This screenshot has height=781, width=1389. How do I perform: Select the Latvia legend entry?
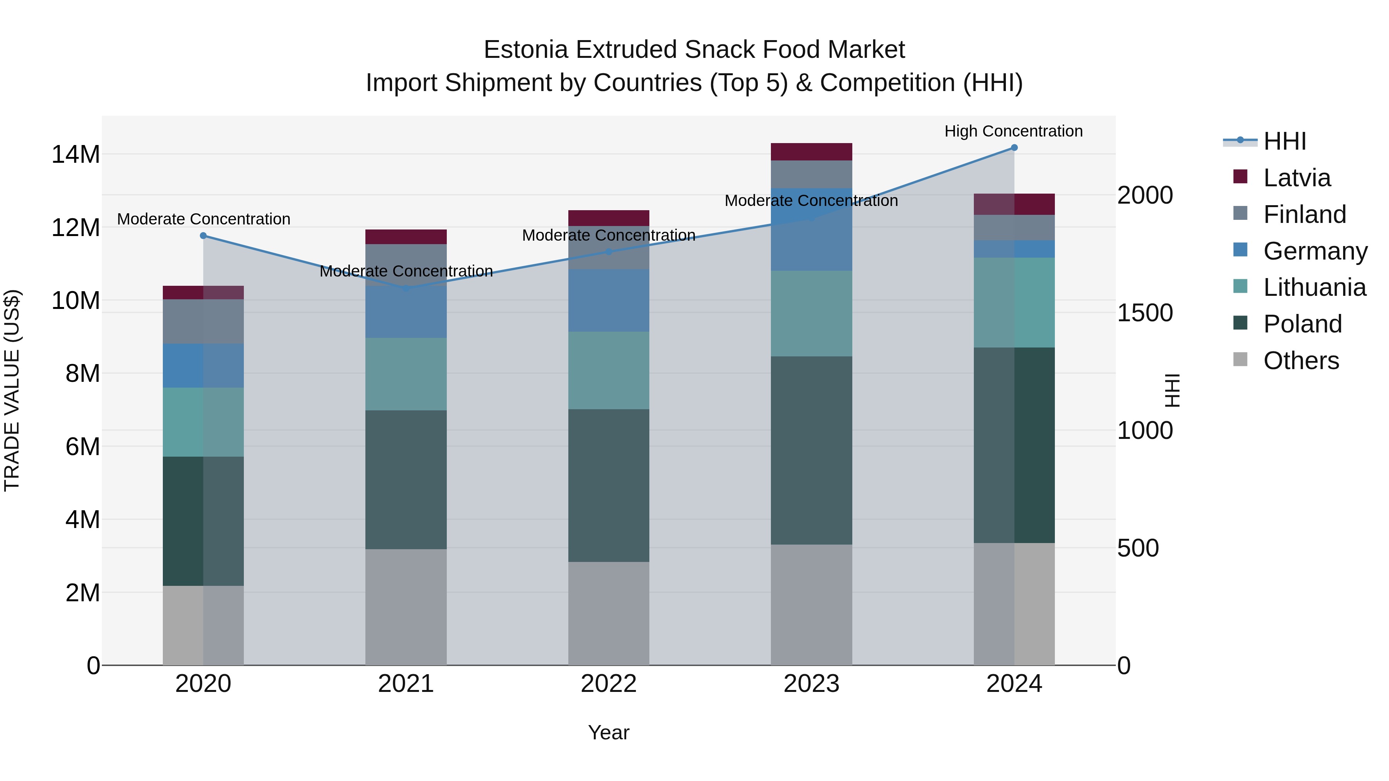point(1296,178)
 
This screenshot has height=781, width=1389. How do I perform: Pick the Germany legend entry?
point(1315,251)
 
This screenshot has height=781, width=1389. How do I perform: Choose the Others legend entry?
point(1301,361)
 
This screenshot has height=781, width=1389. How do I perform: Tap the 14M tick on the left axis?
point(76,155)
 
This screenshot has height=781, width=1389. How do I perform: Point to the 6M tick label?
point(83,447)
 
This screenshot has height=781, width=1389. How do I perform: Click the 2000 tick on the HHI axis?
point(1145,195)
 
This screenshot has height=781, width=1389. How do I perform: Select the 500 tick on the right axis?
point(1138,548)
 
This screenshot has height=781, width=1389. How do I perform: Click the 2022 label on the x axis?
point(609,684)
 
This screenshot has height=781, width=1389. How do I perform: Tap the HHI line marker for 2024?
point(1014,148)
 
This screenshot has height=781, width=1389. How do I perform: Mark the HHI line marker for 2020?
point(203,236)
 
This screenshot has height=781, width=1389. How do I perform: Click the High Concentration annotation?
point(1013,131)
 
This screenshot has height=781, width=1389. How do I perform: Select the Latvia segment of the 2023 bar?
point(811,152)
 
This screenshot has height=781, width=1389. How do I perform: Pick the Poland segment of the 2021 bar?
point(406,480)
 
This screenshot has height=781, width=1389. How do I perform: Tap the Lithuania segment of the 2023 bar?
point(811,314)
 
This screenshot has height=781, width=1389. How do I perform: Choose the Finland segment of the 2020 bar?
point(203,321)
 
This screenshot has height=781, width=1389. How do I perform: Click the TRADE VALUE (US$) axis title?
point(12,390)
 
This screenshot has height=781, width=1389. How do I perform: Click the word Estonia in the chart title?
point(526,50)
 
